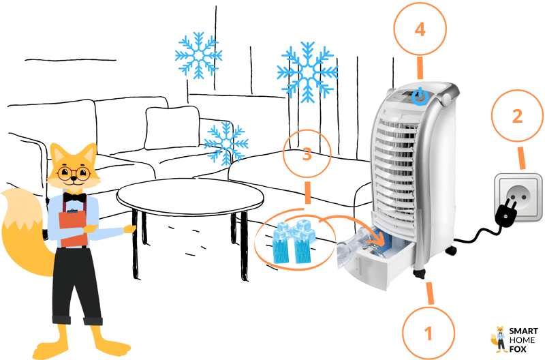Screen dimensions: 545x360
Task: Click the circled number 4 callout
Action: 420,29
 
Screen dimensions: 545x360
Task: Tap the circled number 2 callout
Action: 517,116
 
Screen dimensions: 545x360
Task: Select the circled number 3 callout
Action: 307,153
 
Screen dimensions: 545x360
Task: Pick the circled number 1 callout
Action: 429,333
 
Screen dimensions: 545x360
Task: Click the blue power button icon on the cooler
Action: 420,97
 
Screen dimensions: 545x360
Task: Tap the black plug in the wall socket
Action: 508,211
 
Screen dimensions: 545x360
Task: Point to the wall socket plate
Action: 518,197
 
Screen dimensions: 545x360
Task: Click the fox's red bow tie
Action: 75,198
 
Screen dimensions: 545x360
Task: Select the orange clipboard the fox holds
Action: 73,227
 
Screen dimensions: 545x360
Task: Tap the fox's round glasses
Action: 74,173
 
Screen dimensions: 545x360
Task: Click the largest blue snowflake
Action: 307,72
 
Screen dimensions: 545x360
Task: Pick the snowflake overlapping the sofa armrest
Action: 226,144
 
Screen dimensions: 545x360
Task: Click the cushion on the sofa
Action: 172,127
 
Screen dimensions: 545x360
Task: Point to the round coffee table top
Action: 190,197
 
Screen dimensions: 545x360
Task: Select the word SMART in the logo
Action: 523,331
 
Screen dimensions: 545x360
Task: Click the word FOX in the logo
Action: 518,349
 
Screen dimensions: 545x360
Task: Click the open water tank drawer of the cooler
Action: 377,259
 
